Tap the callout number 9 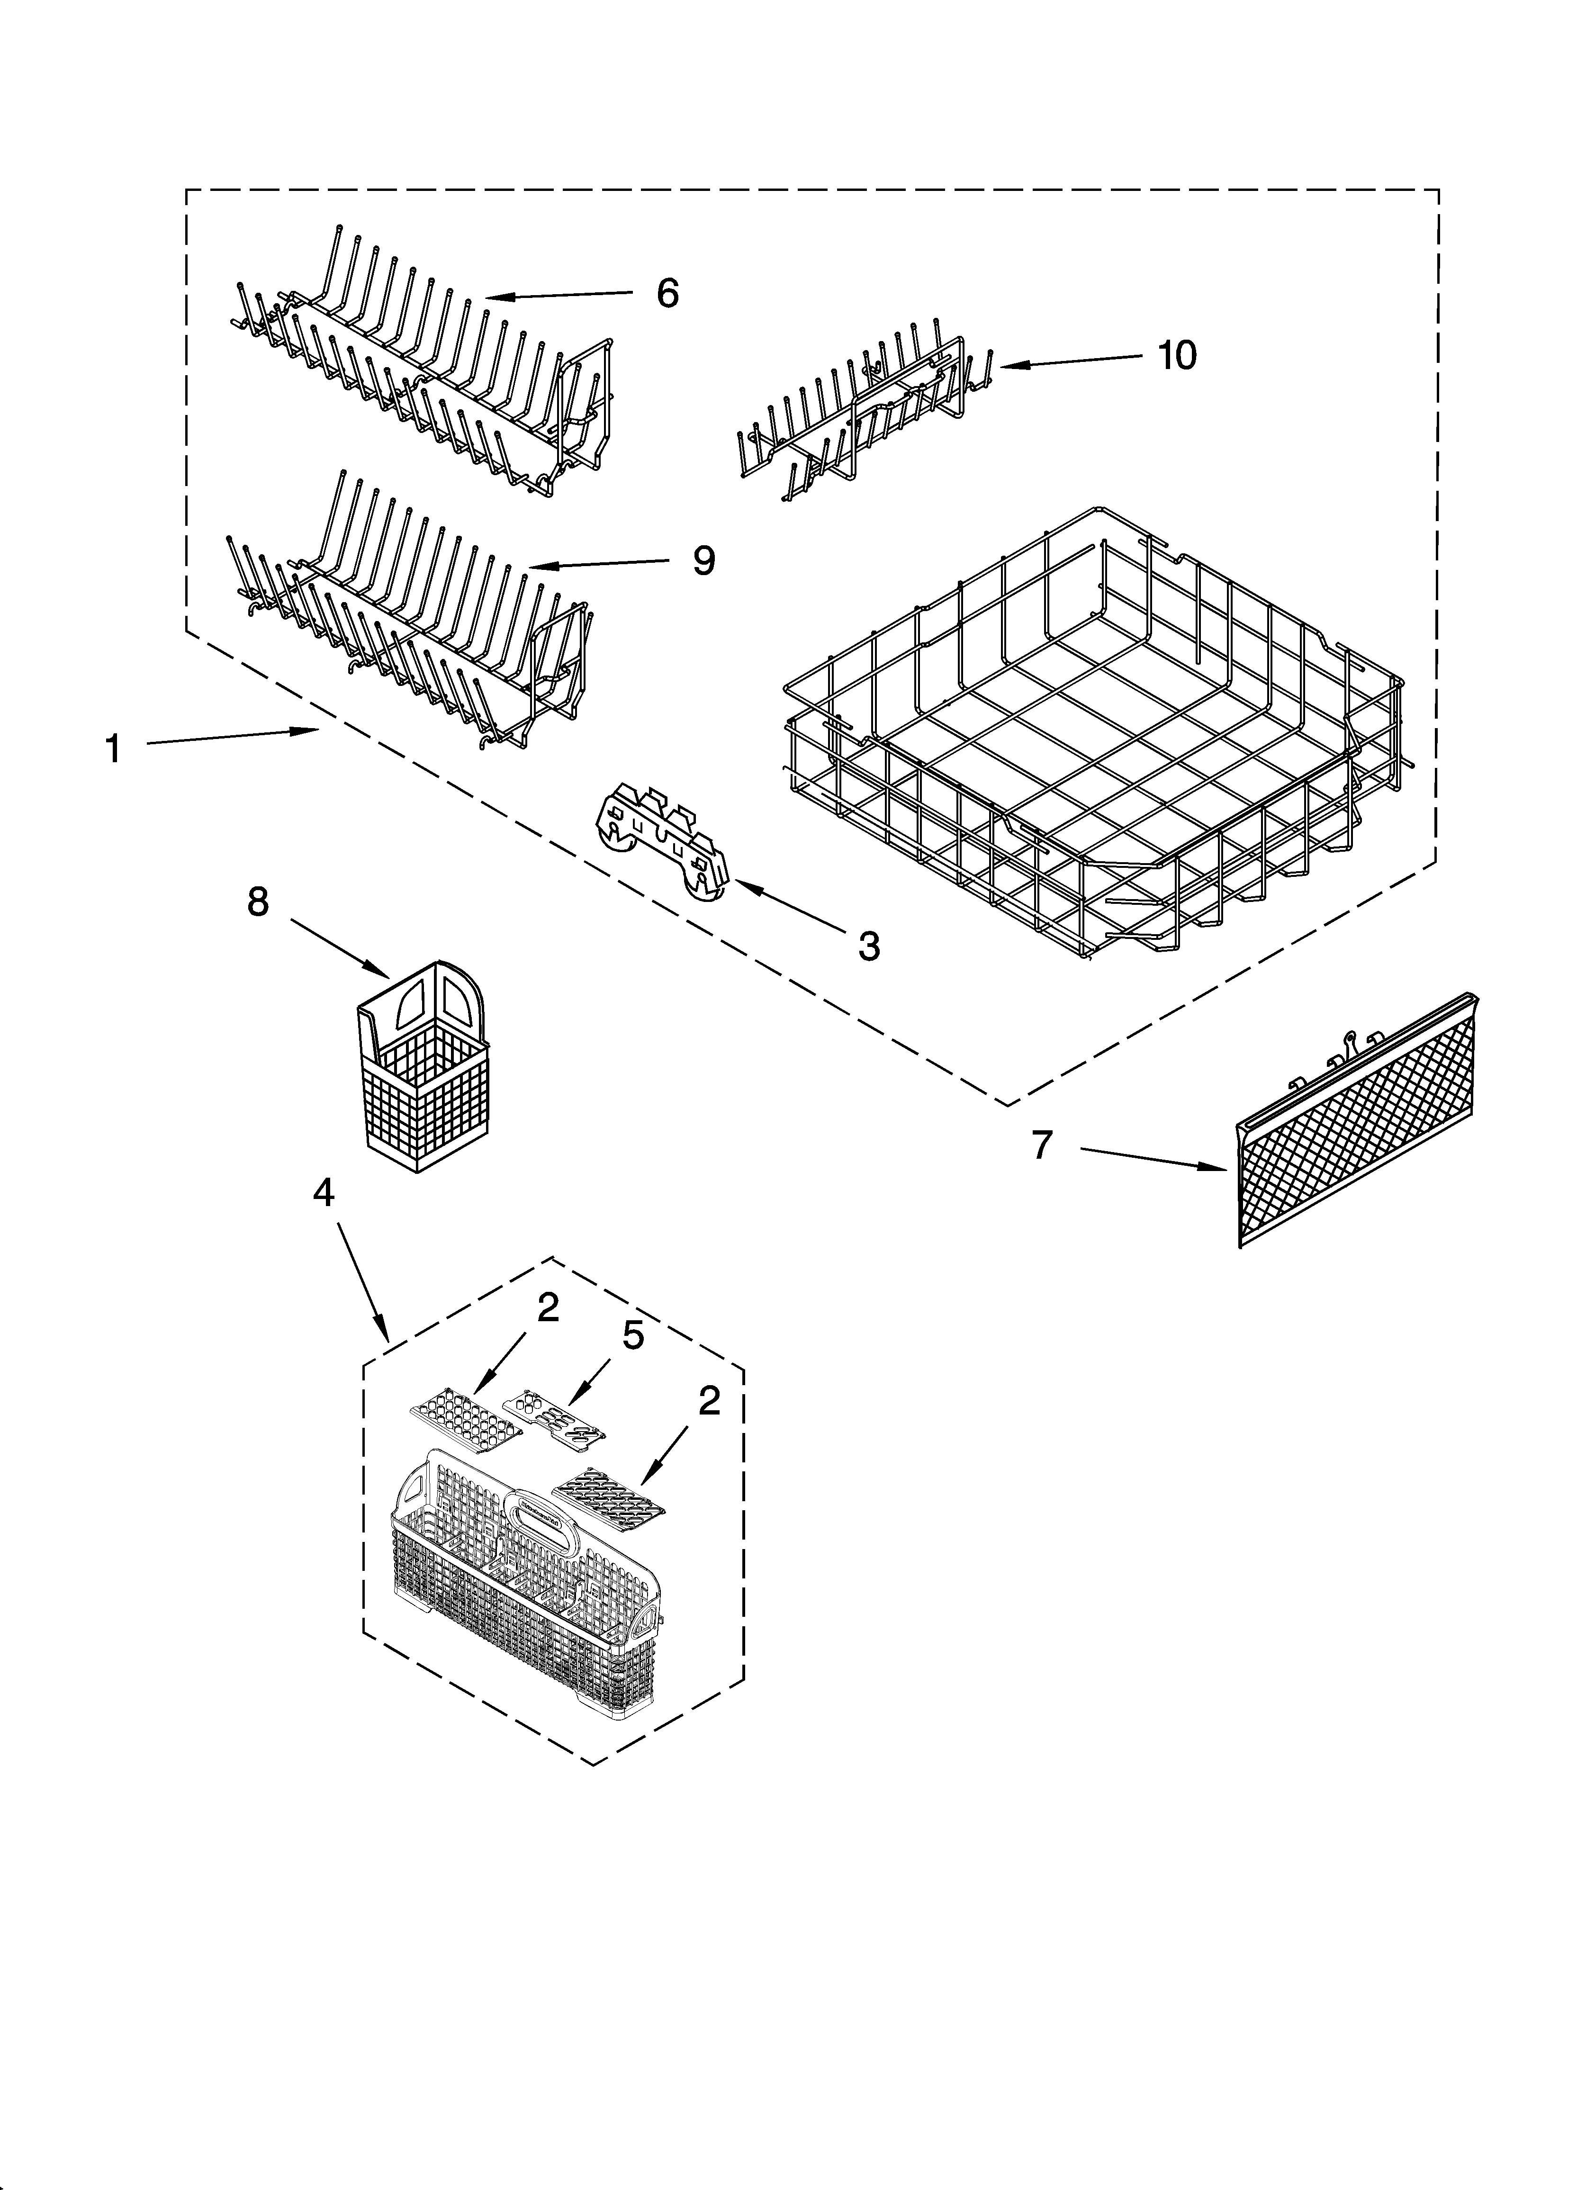[704, 560]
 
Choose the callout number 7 [1040, 1145]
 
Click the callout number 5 [633, 1336]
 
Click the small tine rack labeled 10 [860, 415]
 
